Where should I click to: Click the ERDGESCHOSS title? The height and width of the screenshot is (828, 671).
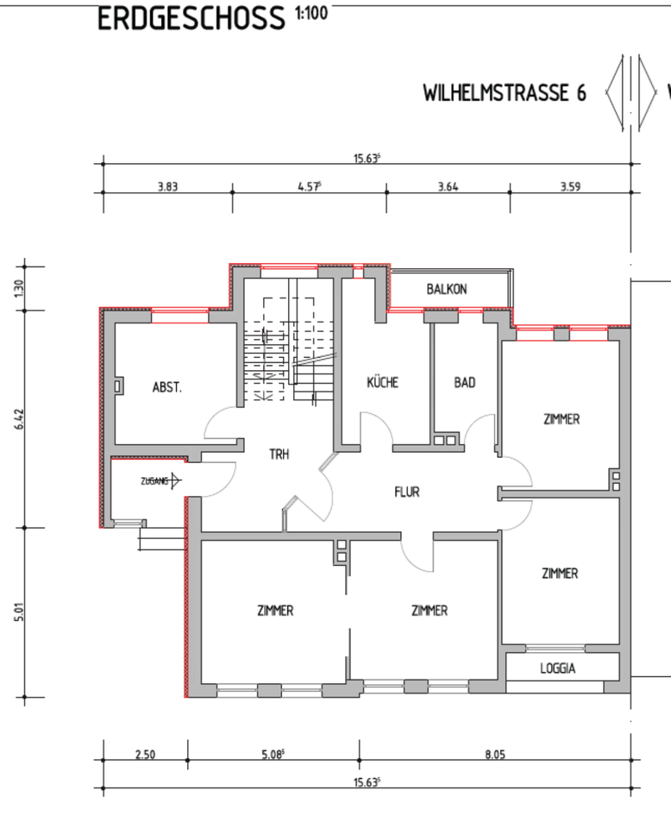click(x=191, y=18)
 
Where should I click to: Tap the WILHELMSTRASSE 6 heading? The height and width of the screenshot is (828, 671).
click(x=505, y=93)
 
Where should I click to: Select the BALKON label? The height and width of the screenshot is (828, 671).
click(x=447, y=290)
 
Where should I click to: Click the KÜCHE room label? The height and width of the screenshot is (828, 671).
click(x=383, y=382)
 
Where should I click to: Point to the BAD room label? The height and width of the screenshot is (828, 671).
click(x=465, y=382)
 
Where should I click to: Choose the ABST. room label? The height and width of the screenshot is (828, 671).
click(x=166, y=387)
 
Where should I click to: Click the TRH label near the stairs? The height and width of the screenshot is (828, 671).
click(x=279, y=455)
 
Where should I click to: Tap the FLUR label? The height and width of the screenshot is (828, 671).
click(x=407, y=492)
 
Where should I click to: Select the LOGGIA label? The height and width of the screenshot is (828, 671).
click(x=557, y=668)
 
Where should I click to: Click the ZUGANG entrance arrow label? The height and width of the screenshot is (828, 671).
click(x=160, y=481)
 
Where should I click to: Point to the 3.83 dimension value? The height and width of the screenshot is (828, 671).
click(x=167, y=186)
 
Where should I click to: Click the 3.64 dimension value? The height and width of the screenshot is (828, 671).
click(x=448, y=186)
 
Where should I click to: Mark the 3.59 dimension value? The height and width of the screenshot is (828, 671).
click(x=570, y=186)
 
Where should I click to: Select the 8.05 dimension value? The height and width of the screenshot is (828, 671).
click(x=495, y=754)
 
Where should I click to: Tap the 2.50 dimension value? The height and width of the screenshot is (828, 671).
click(x=145, y=754)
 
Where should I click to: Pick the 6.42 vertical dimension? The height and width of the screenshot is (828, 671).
click(x=19, y=419)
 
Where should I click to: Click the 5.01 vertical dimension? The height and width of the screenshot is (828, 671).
click(x=19, y=612)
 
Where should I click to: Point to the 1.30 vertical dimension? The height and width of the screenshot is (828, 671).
click(x=19, y=288)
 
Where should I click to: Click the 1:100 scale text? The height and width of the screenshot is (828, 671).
click(x=311, y=12)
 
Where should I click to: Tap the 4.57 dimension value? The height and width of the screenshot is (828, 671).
click(x=310, y=186)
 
